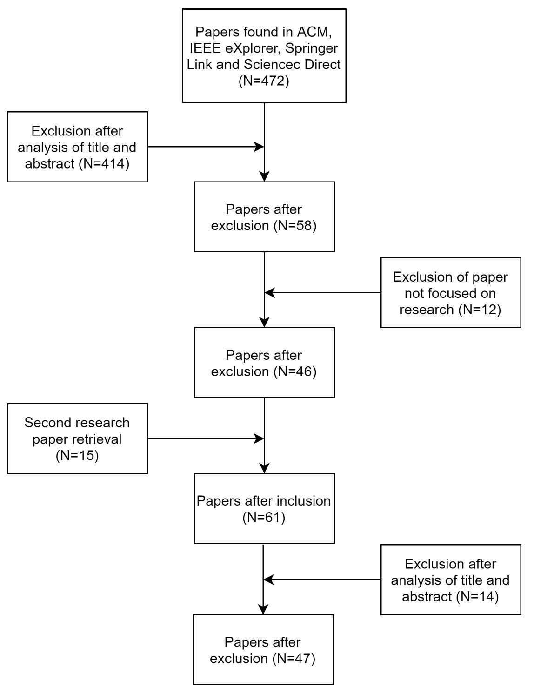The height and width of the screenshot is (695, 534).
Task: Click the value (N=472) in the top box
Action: [264, 81]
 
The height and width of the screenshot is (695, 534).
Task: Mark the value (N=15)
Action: [77, 455]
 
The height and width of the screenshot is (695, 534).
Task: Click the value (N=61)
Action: [264, 517]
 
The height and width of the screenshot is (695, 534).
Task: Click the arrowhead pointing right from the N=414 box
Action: [259, 147]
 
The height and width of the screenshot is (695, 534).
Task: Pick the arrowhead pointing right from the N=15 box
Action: [259, 439]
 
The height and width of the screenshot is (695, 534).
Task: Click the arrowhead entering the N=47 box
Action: [263, 609]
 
